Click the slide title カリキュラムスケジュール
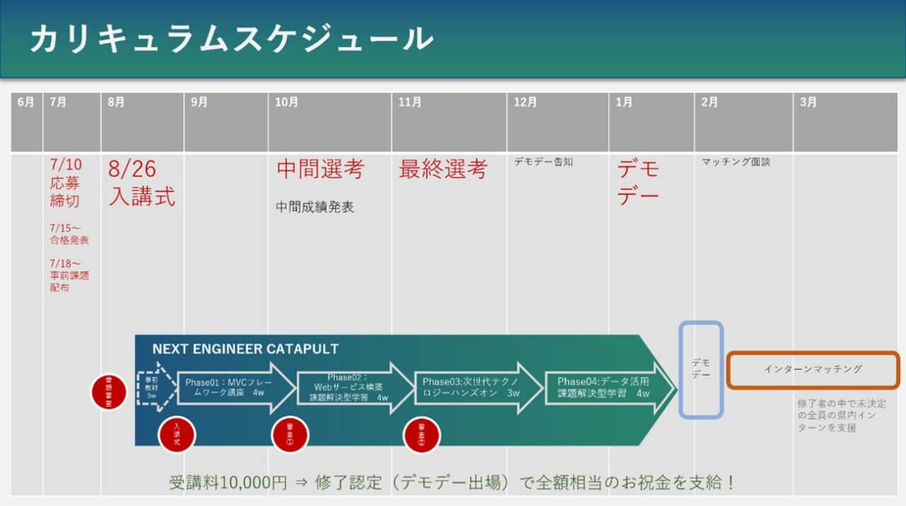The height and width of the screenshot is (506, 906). [231, 39]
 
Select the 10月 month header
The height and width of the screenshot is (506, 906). [287, 103]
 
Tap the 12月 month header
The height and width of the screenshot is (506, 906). [525, 103]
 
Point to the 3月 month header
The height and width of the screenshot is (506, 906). [808, 103]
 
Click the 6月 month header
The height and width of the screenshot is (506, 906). [25, 103]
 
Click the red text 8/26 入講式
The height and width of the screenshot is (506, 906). [142, 183]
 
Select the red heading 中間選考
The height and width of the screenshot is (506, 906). [320, 170]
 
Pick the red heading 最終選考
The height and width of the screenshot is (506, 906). [443, 170]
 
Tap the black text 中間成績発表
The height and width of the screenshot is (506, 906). [315, 207]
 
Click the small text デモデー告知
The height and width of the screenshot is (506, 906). [544, 162]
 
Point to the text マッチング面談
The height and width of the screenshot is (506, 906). [735, 162]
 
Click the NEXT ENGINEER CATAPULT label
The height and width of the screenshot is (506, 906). [245, 349]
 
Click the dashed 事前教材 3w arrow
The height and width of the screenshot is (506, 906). [154, 386]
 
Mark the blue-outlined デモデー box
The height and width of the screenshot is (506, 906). [701, 369]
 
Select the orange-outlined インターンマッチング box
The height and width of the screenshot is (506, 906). [813, 369]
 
